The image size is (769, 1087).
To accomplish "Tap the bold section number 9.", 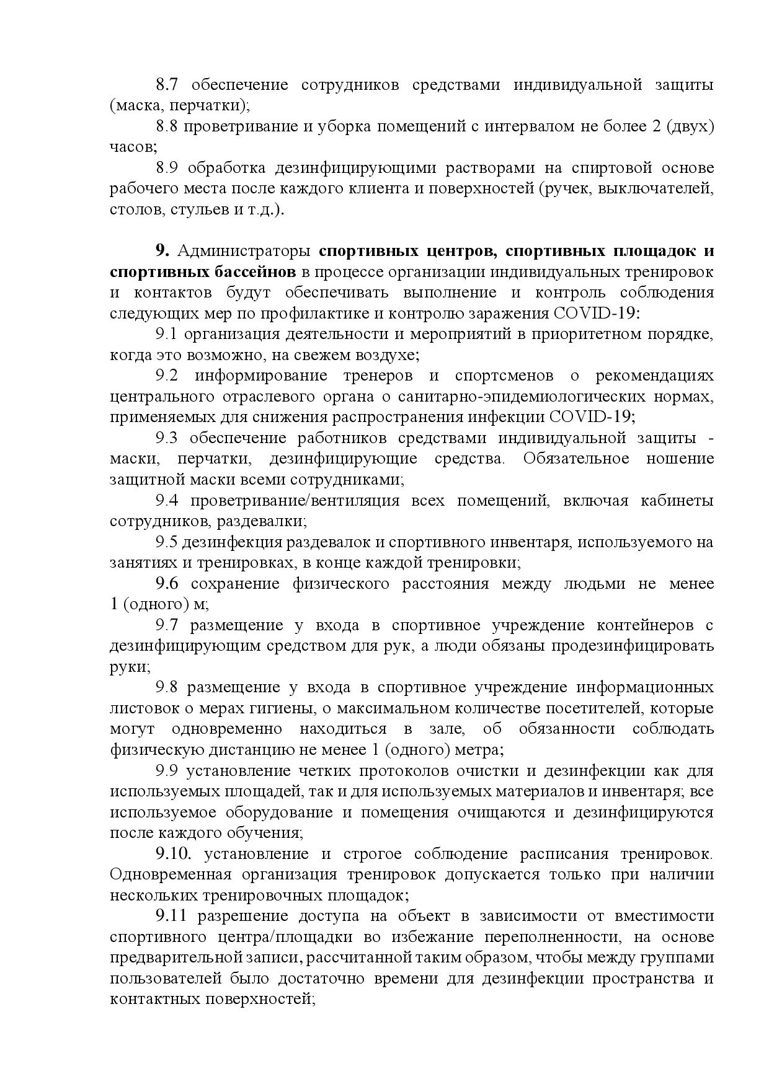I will pos(162,251).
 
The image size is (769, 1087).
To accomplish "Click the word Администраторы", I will pos(244,251).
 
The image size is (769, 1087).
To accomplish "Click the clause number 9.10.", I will pos(172,854).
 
